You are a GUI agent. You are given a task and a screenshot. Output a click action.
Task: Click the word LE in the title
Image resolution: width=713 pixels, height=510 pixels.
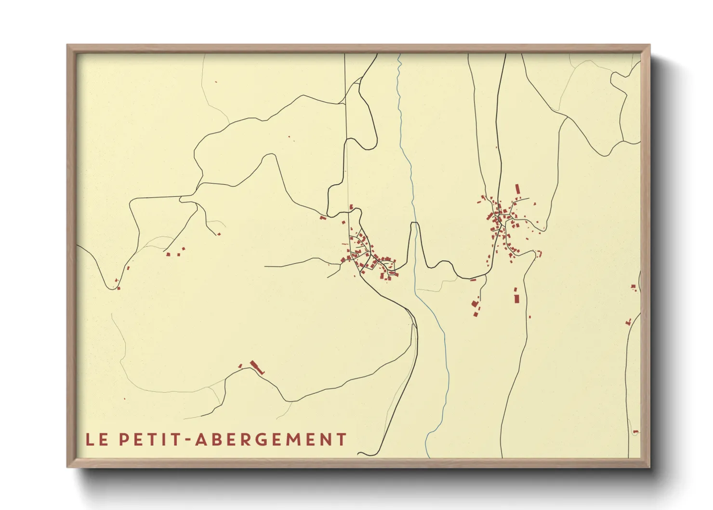pyautogui.click(x=96, y=440)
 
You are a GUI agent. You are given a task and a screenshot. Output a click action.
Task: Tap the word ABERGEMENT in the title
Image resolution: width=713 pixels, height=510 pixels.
pyautogui.click(x=271, y=440)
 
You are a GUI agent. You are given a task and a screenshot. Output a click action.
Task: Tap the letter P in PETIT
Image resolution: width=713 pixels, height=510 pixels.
pyautogui.click(x=124, y=440)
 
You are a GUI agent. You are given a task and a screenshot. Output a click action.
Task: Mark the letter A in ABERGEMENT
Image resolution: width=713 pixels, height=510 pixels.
pyautogui.click(x=201, y=440)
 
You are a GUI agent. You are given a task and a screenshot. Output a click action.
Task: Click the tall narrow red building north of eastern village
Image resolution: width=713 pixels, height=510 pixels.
pyautogui.click(x=518, y=188)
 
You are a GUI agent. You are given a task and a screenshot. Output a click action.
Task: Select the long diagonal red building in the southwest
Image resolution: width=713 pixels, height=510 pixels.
pyautogui.click(x=257, y=367)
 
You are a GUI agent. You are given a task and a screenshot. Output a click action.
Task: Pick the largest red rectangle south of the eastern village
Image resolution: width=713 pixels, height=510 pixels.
pyautogui.click(x=516, y=299)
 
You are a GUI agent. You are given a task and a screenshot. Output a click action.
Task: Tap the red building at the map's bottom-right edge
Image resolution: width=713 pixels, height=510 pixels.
pyautogui.click(x=635, y=431)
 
